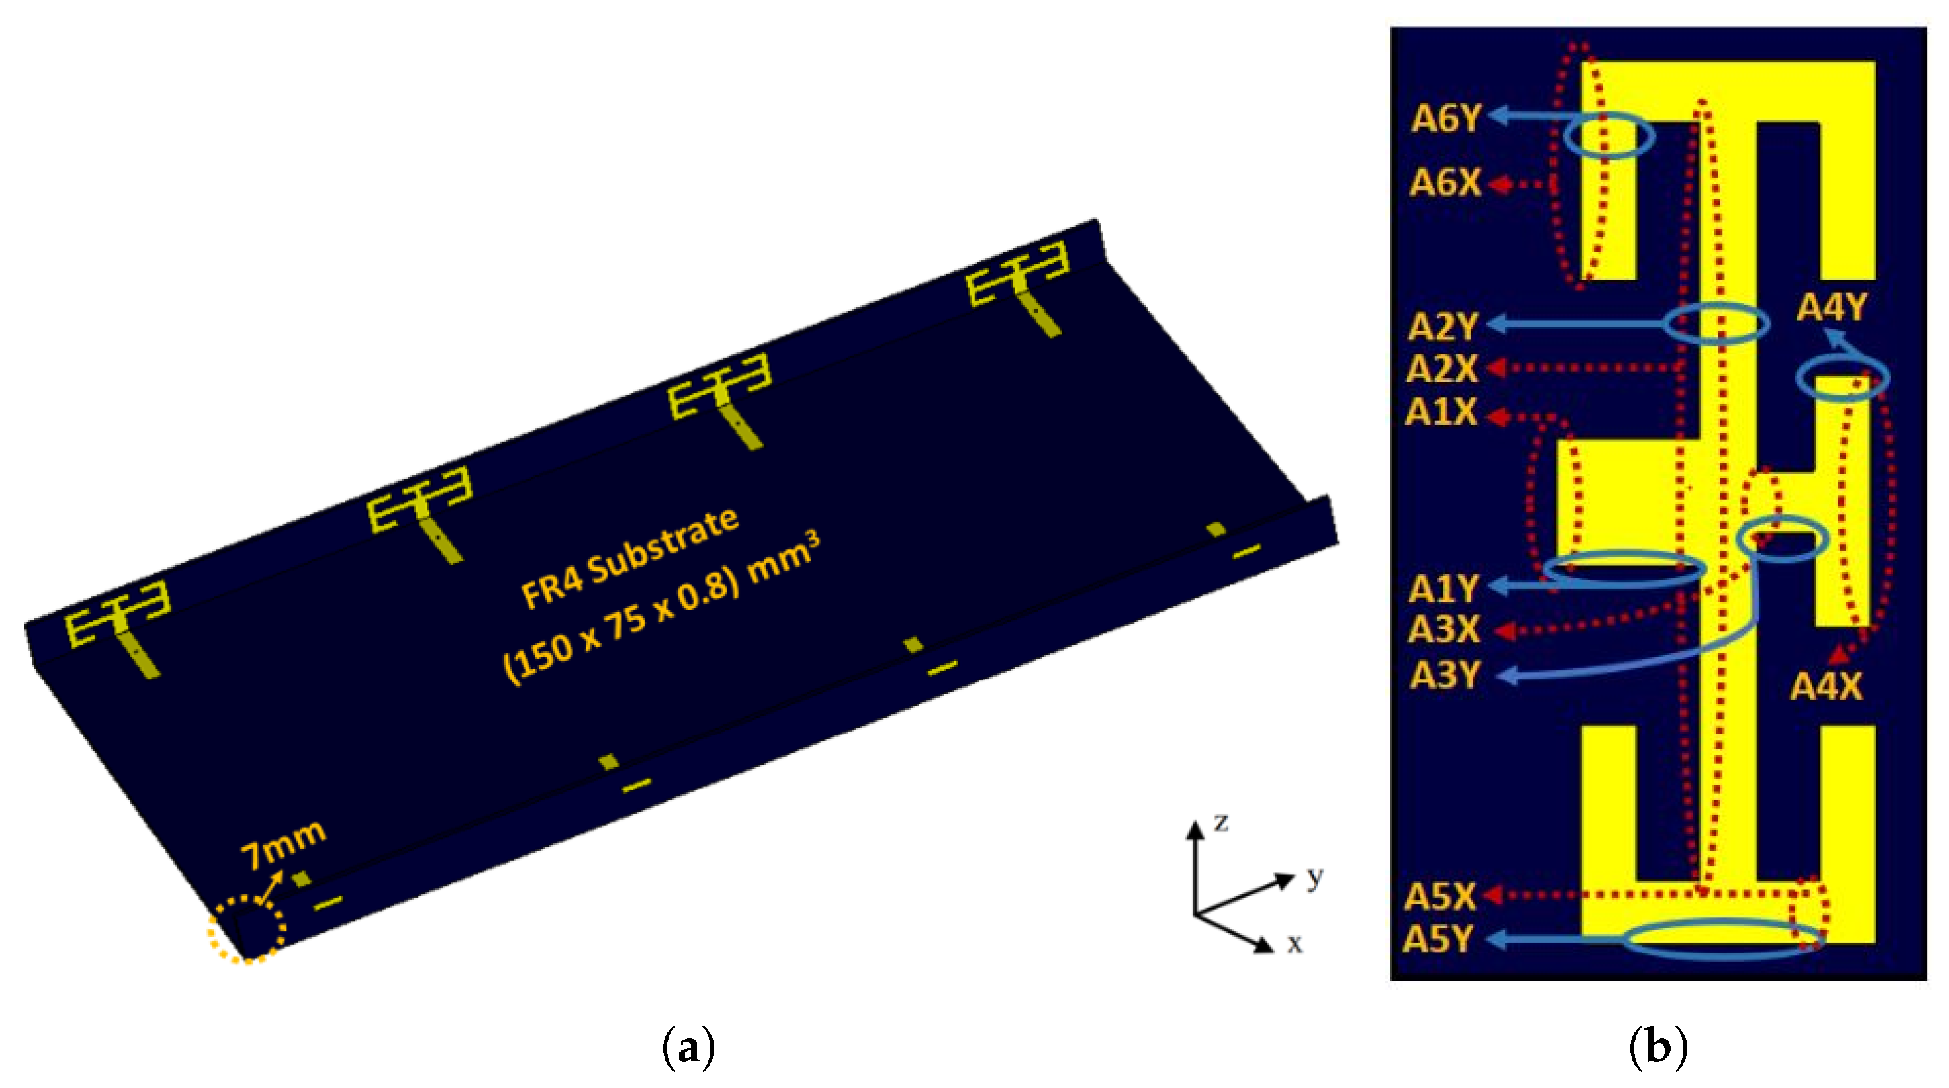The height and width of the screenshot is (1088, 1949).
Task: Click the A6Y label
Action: click(1446, 119)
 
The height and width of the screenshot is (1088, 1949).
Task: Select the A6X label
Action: click(1445, 183)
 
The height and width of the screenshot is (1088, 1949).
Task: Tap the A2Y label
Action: click(1442, 327)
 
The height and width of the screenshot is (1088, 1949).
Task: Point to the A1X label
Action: click(1441, 413)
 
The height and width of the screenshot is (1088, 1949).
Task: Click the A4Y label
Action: click(1831, 307)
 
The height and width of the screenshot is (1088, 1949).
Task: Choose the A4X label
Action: click(1826, 687)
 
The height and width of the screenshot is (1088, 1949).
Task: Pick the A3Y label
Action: click(1443, 676)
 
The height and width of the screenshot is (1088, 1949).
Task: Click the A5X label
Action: click(1440, 897)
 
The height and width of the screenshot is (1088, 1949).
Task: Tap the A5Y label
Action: click(1437, 940)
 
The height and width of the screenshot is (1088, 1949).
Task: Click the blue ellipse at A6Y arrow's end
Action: click(1608, 137)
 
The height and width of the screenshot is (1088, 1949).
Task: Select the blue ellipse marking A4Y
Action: click(1842, 378)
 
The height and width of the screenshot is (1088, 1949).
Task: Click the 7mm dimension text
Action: click(283, 844)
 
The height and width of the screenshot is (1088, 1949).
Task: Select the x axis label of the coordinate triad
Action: click(1294, 944)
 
